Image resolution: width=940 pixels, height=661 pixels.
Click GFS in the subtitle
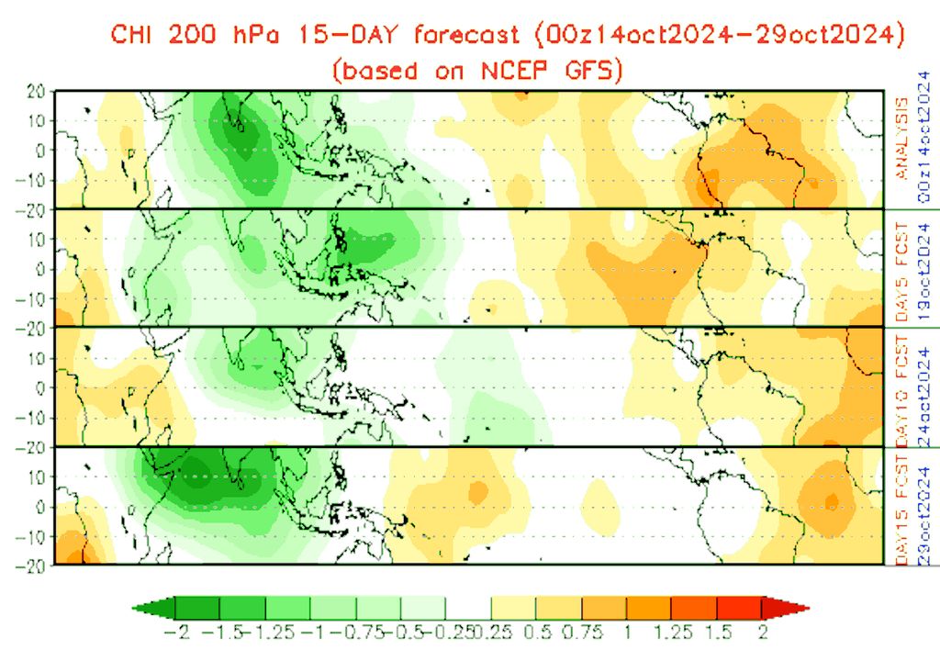coord(598,71)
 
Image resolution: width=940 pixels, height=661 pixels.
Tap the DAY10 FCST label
coord(901,385)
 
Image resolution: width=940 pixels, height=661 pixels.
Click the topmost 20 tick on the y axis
coord(36,91)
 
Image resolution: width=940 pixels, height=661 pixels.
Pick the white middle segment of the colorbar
coord(469,608)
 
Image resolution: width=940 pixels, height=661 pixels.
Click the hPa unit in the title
coord(252,36)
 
